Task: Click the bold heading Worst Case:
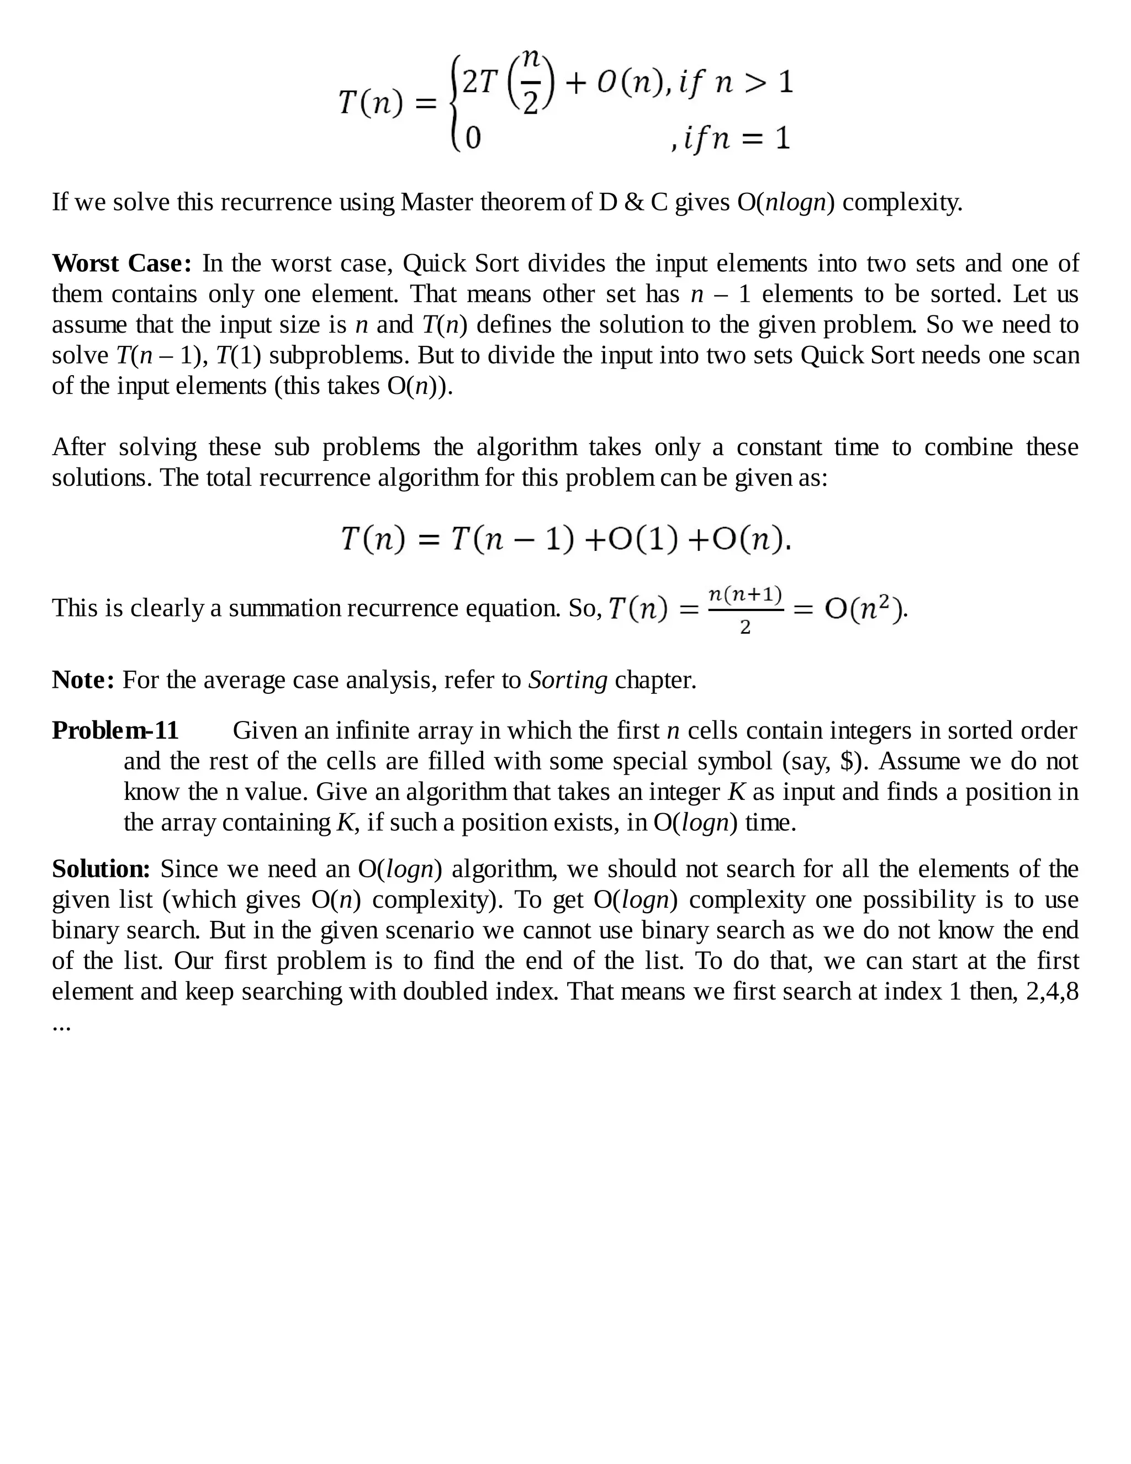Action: [x=122, y=264]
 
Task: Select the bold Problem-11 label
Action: [x=115, y=730]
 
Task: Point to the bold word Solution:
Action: [x=101, y=869]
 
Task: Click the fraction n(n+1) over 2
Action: [x=745, y=609]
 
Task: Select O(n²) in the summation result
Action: [x=865, y=609]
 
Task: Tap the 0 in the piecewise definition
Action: [x=473, y=138]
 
